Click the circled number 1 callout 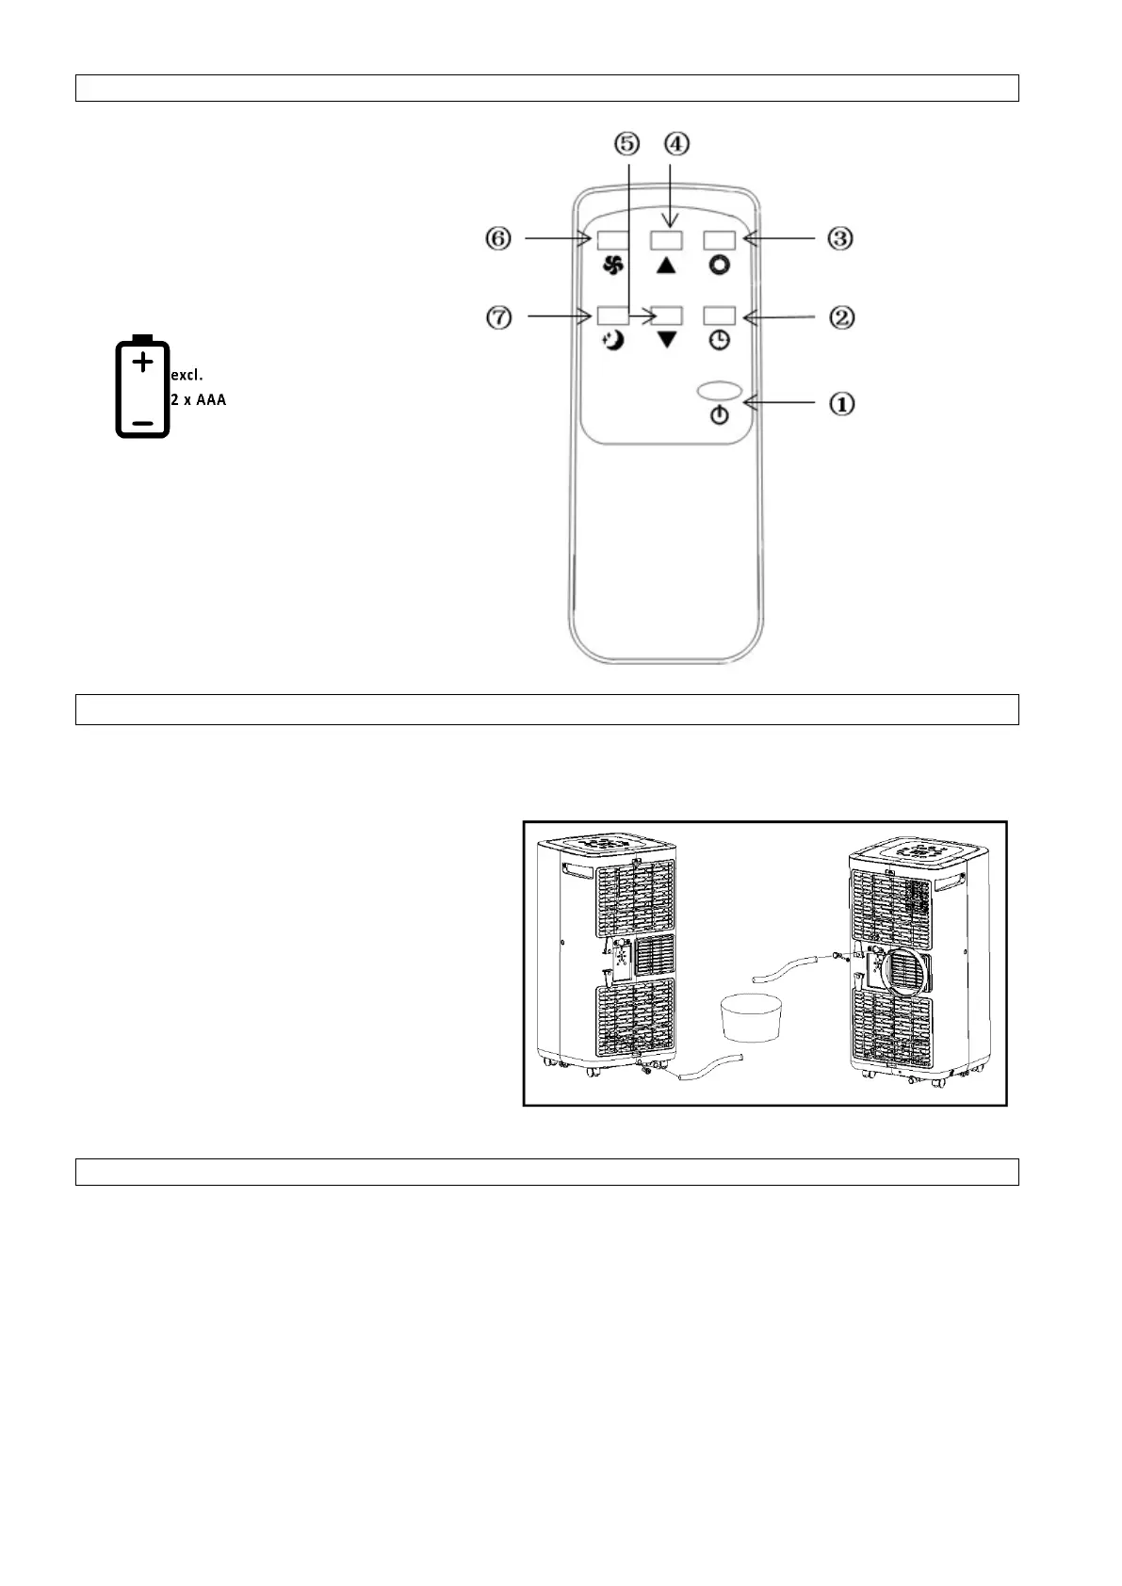(x=841, y=403)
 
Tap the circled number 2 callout (x=841, y=317)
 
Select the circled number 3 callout (x=840, y=238)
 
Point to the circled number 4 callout (x=676, y=144)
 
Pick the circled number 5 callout (x=626, y=144)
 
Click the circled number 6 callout (x=498, y=238)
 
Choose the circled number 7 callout (x=498, y=317)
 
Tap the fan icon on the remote (x=613, y=266)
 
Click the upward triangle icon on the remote (x=667, y=266)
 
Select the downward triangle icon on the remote (x=667, y=340)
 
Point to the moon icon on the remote (x=613, y=341)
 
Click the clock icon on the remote (x=720, y=341)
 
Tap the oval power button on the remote (x=720, y=390)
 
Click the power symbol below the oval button (x=720, y=415)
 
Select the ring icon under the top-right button (x=720, y=266)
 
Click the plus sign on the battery (x=142, y=362)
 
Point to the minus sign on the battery (x=142, y=423)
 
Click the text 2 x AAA (x=199, y=400)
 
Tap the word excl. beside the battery (x=187, y=376)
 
